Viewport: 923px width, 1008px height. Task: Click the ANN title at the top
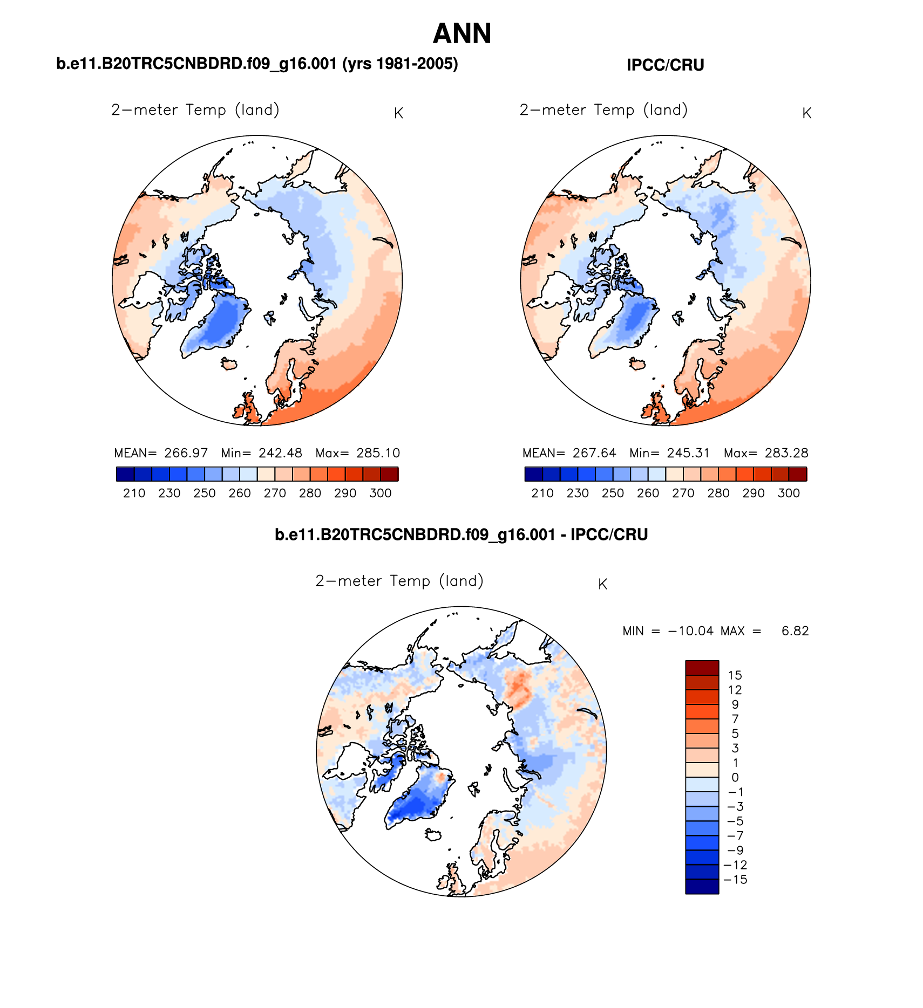(462, 33)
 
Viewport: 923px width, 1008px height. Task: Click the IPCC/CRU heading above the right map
(665, 65)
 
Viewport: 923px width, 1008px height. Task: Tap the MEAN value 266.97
(186, 453)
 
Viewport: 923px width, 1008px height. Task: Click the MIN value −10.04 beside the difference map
(690, 631)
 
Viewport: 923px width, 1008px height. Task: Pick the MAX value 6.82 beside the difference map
(795, 631)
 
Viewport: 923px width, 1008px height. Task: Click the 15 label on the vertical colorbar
(735, 675)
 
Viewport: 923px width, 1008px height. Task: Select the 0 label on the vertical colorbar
(735, 778)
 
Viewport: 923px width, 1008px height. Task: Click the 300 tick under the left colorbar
(381, 493)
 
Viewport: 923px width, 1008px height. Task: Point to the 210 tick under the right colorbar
(542, 493)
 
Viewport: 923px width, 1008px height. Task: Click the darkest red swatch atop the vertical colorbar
(702, 668)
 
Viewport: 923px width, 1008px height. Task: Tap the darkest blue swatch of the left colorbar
(125, 474)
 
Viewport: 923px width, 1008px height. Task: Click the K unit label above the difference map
(603, 585)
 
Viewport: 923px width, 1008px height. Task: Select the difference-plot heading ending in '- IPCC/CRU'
(461, 534)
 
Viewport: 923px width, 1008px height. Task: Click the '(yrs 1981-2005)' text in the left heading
(400, 64)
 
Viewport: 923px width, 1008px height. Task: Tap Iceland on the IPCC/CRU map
(638, 364)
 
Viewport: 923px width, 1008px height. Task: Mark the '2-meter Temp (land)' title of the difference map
(399, 581)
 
